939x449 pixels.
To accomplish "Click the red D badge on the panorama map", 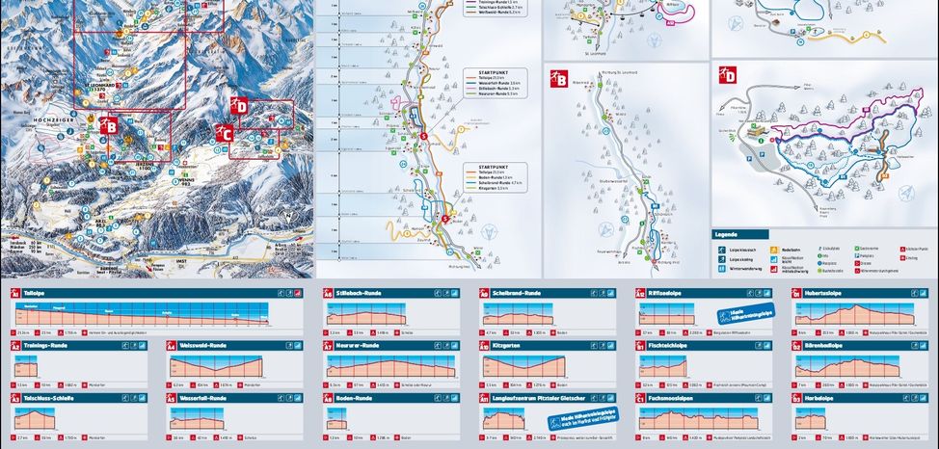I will click(239, 106).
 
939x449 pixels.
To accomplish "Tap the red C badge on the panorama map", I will click(227, 134).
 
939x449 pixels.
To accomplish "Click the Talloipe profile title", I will click(38, 292).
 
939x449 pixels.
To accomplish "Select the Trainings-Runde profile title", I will click(46, 344).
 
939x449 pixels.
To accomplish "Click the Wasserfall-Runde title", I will click(203, 397).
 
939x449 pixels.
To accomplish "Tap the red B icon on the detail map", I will click(558, 79).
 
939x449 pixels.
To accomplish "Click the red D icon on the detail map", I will click(729, 74).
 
